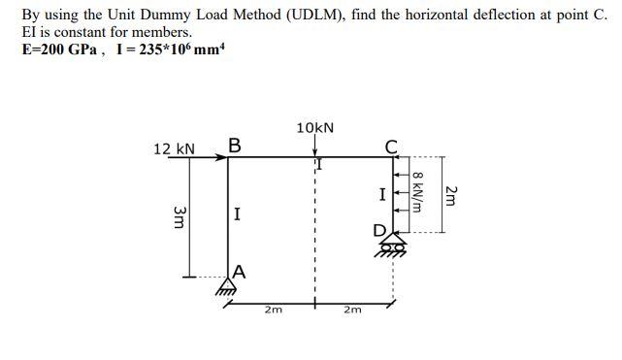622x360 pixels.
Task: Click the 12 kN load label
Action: click(x=175, y=149)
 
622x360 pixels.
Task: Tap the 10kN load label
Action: click(x=314, y=128)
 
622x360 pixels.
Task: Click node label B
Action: click(x=235, y=146)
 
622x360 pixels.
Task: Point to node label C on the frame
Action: click(x=391, y=147)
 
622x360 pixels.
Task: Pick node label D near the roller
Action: click(x=379, y=231)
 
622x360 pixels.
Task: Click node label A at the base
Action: click(x=240, y=273)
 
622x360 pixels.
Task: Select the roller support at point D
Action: click(x=393, y=247)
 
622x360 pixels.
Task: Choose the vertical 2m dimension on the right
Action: click(x=450, y=194)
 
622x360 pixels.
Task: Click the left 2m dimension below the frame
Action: click(x=273, y=311)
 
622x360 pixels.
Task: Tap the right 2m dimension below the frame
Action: click(x=351, y=311)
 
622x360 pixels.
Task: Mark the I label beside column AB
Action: click(x=238, y=213)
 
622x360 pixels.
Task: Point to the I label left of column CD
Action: click(x=382, y=195)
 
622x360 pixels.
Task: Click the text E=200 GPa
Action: click(x=57, y=49)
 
